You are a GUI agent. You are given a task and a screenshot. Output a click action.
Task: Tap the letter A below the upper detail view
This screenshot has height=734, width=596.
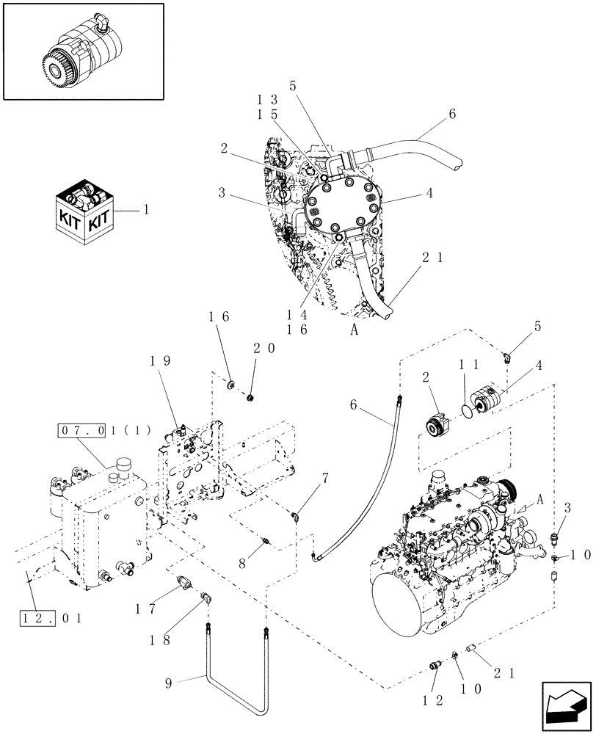354,330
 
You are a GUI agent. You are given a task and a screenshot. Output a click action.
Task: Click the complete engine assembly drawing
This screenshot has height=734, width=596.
448,558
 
